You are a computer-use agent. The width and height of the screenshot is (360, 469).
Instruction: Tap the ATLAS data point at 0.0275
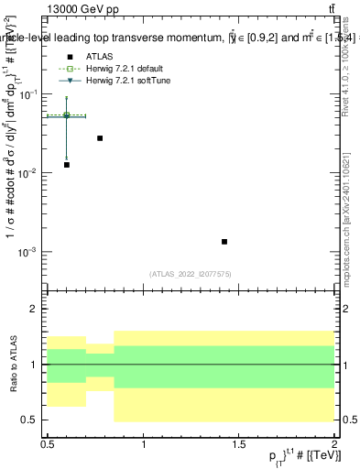tap(100, 138)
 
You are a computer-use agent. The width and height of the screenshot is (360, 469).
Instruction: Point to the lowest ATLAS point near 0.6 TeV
tap(67, 165)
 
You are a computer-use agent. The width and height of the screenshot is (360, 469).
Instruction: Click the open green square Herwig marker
tap(67, 115)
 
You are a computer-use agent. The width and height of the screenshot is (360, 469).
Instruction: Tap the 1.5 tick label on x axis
tap(238, 444)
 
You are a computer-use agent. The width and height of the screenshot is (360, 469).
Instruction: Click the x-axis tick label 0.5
tap(48, 444)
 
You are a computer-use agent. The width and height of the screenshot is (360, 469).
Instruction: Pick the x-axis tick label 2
tap(334, 444)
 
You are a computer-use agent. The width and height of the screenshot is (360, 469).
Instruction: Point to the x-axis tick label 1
tap(143, 444)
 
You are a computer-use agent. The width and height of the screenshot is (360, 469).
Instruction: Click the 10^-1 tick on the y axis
tap(29, 95)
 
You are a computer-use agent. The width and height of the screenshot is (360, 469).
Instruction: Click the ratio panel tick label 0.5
tap(32, 420)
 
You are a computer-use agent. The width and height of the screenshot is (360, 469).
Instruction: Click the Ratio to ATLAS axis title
tap(12, 365)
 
